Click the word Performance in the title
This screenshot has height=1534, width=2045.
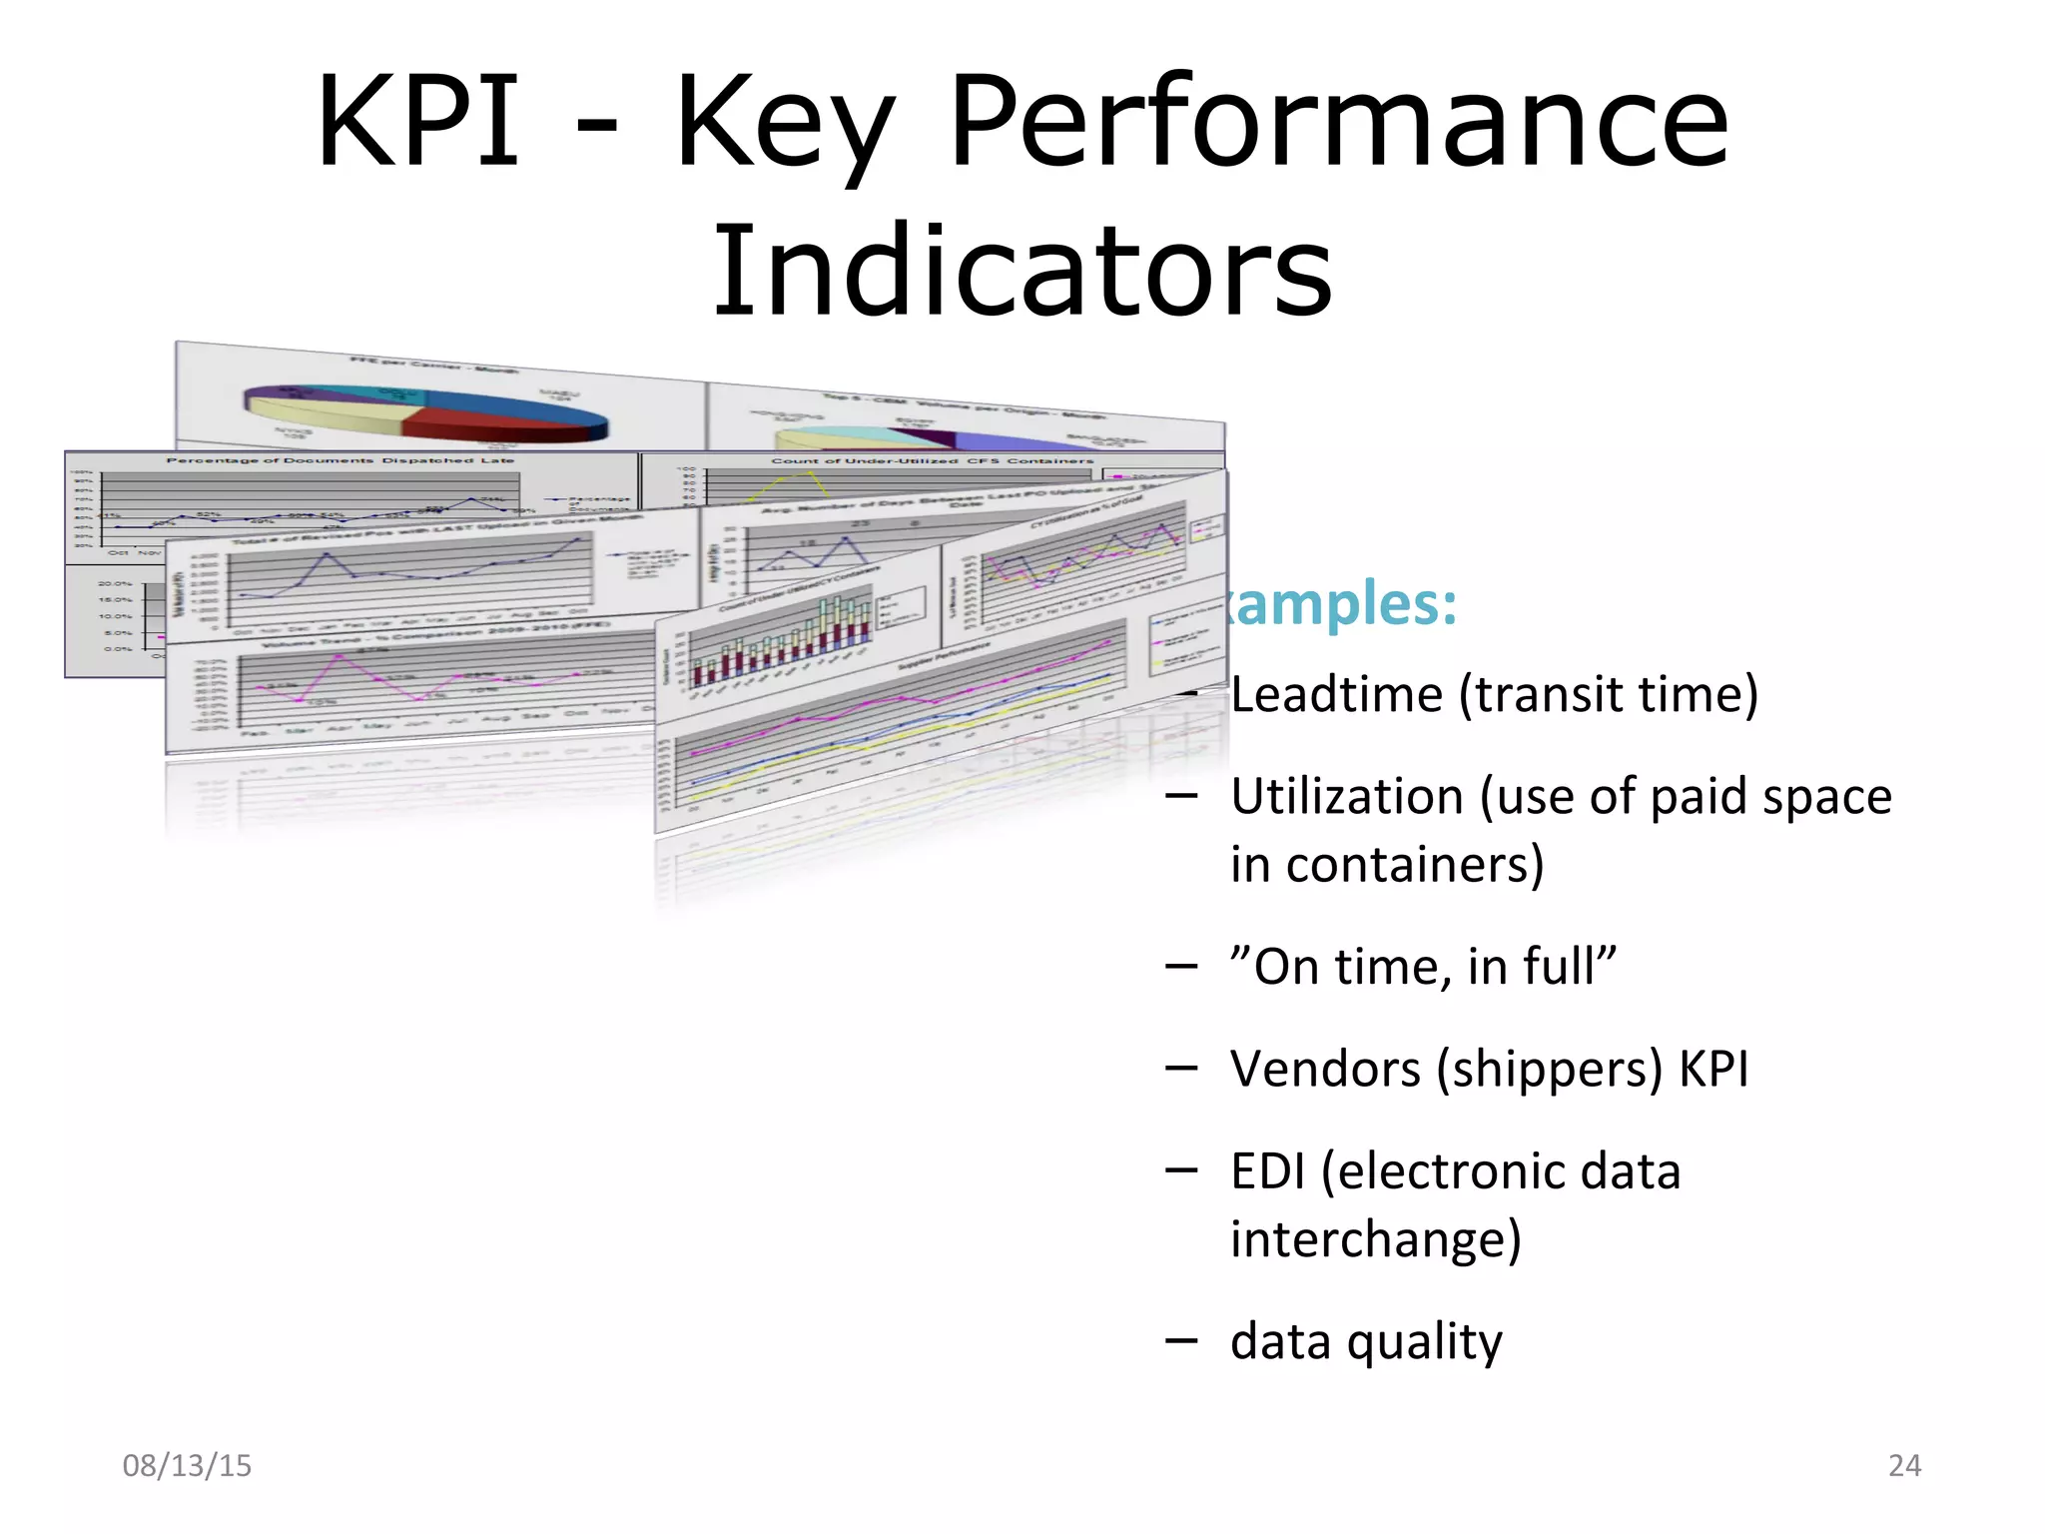(1338, 122)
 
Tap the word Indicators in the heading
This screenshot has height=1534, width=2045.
(1022, 272)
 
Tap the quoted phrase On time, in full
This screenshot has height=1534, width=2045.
(1423, 967)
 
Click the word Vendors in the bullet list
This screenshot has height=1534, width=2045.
(1325, 1069)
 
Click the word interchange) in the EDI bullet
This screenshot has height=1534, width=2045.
(1375, 1239)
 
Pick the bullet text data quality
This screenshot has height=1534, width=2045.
(1366, 1341)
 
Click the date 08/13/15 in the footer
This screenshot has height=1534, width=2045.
(187, 1465)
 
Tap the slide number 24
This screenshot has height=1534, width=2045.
(1904, 1465)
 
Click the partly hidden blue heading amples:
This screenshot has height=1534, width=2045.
(1343, 604)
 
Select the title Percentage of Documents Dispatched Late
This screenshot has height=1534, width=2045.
(340, 460)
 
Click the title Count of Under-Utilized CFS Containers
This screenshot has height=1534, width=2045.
(931, 460)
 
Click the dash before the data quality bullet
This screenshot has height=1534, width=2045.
(1180, 1340)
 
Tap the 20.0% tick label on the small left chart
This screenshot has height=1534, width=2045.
(115, 583)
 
